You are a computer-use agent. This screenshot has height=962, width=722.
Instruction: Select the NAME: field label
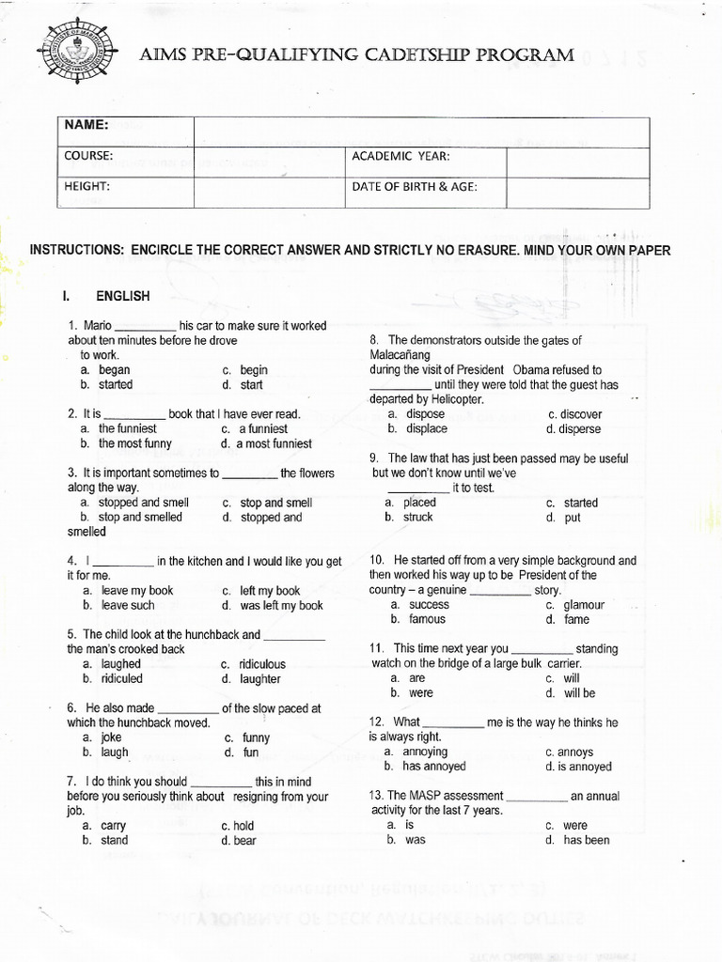86,125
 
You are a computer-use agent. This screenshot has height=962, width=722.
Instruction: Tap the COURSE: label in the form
88,156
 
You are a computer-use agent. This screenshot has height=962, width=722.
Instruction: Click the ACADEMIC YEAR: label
400,156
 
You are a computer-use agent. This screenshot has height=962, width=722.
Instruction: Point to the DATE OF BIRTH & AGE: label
415,187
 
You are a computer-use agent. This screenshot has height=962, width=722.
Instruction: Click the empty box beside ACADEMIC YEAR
577,162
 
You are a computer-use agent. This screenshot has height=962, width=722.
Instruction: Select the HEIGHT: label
87,187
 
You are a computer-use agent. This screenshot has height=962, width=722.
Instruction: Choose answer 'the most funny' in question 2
134,443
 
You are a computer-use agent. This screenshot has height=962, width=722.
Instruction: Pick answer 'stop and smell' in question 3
275,503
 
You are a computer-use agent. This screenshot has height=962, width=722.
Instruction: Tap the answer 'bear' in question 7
244,841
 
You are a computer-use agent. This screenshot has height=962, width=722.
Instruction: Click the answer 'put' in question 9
572,518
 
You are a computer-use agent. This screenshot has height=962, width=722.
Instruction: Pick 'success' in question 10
429,605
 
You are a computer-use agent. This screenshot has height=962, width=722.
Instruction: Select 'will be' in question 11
579,693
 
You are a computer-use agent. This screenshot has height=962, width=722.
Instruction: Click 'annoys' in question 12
574,753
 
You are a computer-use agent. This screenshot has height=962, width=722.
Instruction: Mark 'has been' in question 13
586,840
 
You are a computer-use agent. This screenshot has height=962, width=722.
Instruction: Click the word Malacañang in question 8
400,355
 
